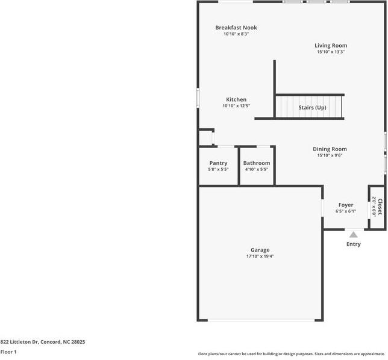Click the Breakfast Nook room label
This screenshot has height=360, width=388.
point(236,28)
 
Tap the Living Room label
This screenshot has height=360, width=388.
point(331,45)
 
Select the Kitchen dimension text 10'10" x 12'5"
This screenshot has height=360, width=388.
point(236,106)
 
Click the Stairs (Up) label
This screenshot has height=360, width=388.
point(312,108)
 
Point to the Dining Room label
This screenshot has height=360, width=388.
point(330,149)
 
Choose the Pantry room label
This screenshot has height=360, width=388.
point(218,163)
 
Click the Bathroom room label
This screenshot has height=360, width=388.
point(257,163)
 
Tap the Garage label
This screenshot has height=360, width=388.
point(260,250)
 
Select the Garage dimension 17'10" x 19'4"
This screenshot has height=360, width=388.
point(260,256)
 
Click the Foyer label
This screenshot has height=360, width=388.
point(346,205)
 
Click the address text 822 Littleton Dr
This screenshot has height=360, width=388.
point(42,342)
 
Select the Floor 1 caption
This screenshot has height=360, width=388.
point(8,352)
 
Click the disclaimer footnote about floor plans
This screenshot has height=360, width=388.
point(291,354)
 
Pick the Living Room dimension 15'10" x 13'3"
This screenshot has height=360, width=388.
point(331,52)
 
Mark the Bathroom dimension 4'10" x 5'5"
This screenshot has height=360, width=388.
point(257,170)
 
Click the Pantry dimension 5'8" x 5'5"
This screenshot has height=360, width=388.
point(218,170)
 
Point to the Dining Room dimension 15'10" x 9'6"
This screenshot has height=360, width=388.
point(330,155)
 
